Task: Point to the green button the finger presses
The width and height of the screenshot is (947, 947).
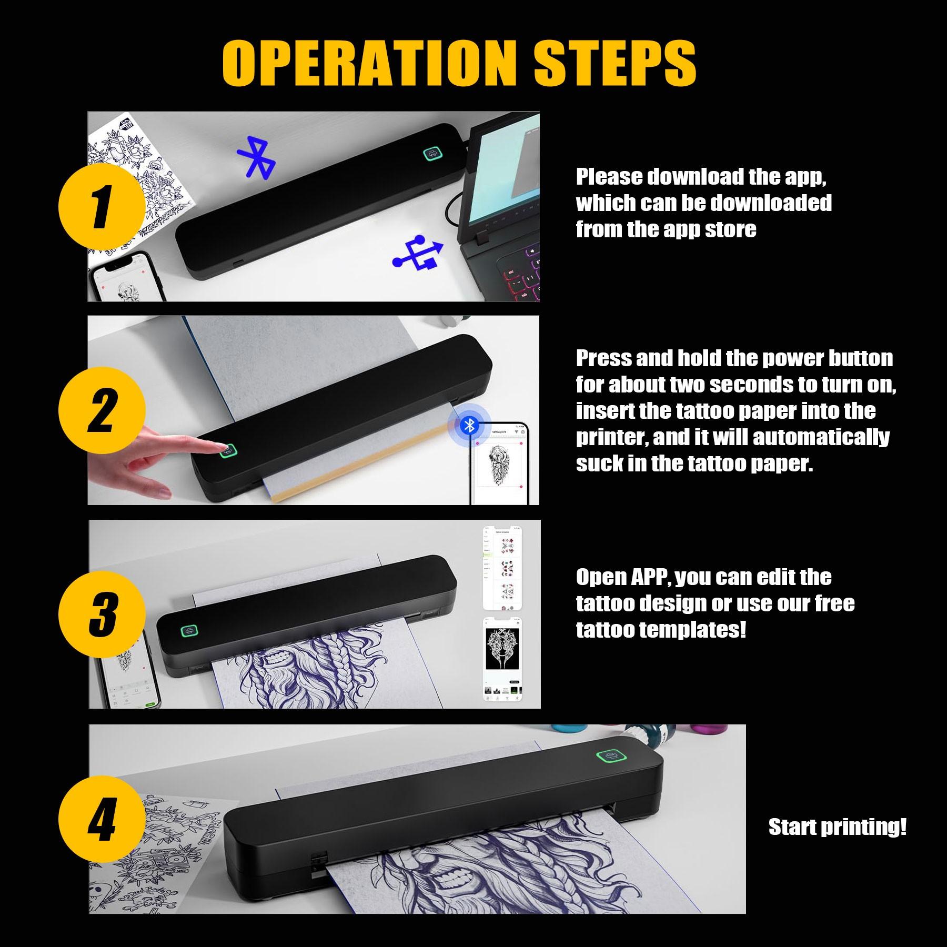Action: [228, 451]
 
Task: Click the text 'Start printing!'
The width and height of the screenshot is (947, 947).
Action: [838, 827]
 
